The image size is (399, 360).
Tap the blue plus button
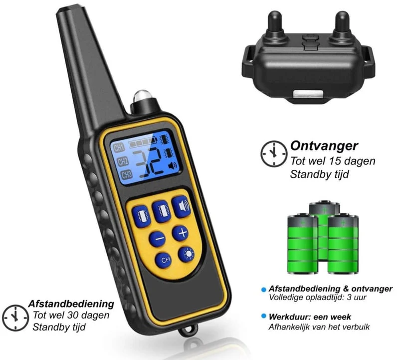181,233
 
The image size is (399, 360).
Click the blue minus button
157,239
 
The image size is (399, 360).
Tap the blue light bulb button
186,255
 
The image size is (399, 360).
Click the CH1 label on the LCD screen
119,148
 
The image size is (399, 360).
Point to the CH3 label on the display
126,175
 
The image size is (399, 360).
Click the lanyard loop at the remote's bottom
189,330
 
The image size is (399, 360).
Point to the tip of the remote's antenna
67,8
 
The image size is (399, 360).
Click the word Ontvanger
324,146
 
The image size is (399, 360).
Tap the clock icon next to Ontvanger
274,154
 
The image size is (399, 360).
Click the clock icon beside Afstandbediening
15,318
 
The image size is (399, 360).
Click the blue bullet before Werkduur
264,316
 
